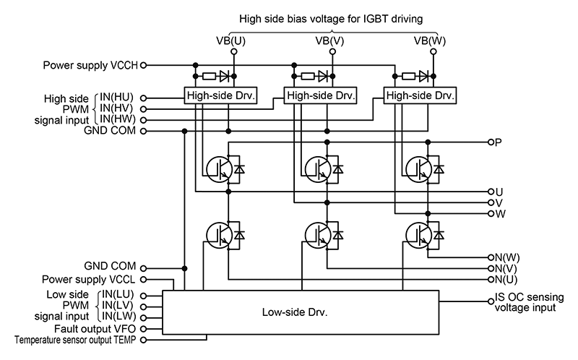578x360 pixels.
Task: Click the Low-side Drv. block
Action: pyautogui.click(x=300, y=313)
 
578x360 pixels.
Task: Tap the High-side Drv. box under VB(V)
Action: pyautogui.click(x=319, y=95)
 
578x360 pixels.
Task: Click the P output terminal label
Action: pyautogui.click(x=499, y=142)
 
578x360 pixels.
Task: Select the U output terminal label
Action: pyautogui.click(x=499, y=192)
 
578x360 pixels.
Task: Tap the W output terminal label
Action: pyautogui.click(x=499, y=214)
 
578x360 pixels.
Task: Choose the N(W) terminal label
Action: pyautogui.click(x=507, y=257)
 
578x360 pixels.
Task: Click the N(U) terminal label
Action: pyautogui.click(x=507, y=279)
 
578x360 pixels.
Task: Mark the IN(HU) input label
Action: pyautogui.click(x=118, y=97)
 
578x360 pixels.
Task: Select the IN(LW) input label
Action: pyautogui.click(x=118, y=317)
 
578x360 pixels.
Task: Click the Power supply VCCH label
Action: pyautogui.click(x=90, y=64)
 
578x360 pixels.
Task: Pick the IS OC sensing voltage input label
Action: pyautogui.click(x=526, y=302)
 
